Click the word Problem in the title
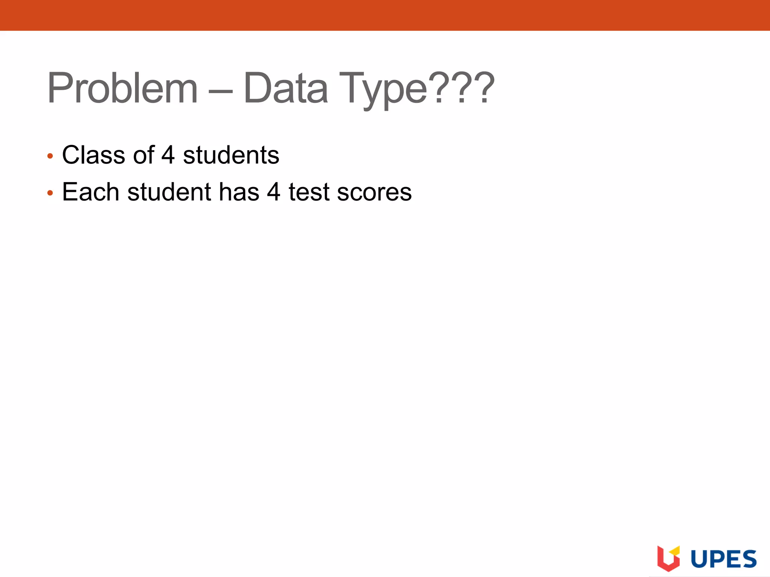(122, 89)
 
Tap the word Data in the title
(286, 89)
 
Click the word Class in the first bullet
(93, 155)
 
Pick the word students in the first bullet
(231, 155)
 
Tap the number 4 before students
(168, 155)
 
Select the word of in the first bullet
(143, 155)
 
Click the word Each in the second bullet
(90, 192)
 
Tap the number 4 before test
(274, 192)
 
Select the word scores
(374, 192)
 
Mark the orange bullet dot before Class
(50, 156)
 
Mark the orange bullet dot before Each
(50, 193)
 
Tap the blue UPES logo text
(723, 559)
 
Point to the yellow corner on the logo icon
(675, 551)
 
